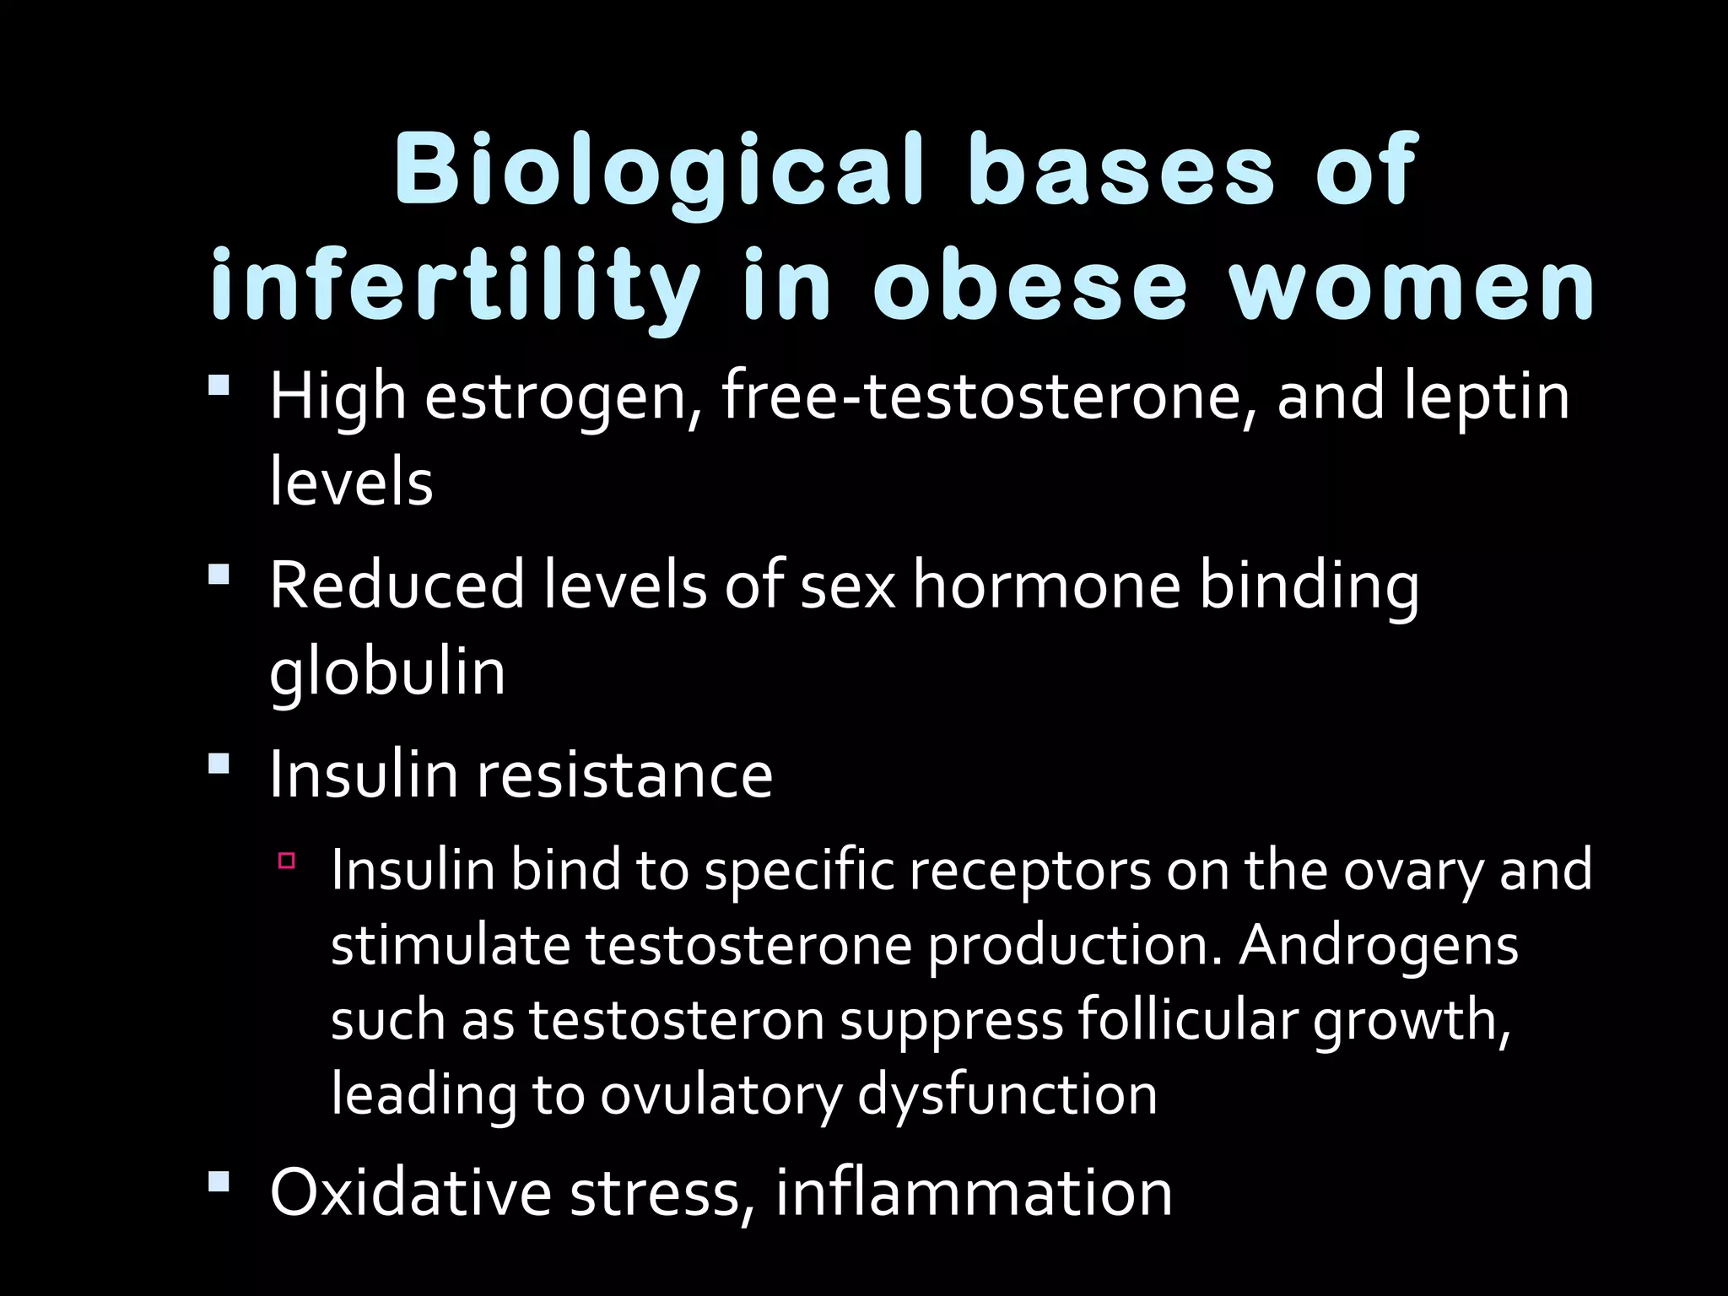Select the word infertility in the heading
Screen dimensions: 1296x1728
(456, 287)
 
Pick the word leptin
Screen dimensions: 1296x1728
(1486, 397)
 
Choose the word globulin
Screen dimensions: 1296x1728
(387, 672)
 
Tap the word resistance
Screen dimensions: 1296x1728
(625, 774)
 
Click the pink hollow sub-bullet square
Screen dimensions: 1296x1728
(287, 861)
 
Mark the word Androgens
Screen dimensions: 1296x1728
(1379, 945)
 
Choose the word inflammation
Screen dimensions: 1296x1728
(974, 1191)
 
